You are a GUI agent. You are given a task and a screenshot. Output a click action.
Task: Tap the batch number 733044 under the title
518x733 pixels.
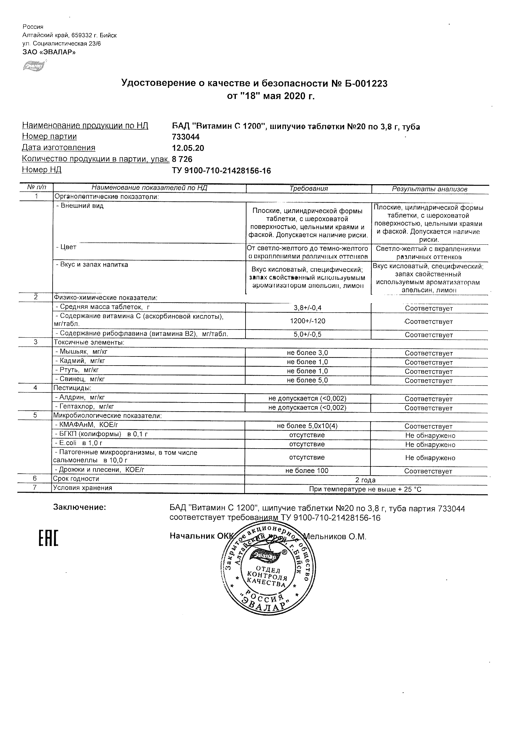(186, 137)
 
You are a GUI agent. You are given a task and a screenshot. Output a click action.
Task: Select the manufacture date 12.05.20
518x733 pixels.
(188, 148)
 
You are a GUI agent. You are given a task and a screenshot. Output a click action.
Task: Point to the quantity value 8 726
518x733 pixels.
(182, 159)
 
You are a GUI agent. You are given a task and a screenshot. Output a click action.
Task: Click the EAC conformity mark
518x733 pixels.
(49, 538)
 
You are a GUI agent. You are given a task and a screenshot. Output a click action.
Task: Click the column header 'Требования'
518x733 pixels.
(308, 189)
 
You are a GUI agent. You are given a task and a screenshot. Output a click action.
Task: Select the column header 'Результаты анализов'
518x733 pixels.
(429, 189)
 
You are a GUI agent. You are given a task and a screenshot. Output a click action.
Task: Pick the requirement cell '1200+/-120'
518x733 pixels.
(307, 321)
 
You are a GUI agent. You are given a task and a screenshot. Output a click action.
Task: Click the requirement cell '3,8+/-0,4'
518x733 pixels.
(307, 308)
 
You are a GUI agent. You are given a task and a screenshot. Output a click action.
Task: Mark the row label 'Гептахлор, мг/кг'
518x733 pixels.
(85, 407)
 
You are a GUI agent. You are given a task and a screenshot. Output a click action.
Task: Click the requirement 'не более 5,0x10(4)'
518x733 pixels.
(307, 426)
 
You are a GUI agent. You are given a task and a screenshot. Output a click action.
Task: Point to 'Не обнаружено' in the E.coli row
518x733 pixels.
(430, 445)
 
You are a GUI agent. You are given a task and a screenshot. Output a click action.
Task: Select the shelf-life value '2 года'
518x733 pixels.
(365, 480)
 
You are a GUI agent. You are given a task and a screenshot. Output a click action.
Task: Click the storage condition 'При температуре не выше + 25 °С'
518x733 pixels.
(365, 489)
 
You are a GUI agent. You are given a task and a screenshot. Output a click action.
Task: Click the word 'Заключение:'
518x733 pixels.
(80, 507)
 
